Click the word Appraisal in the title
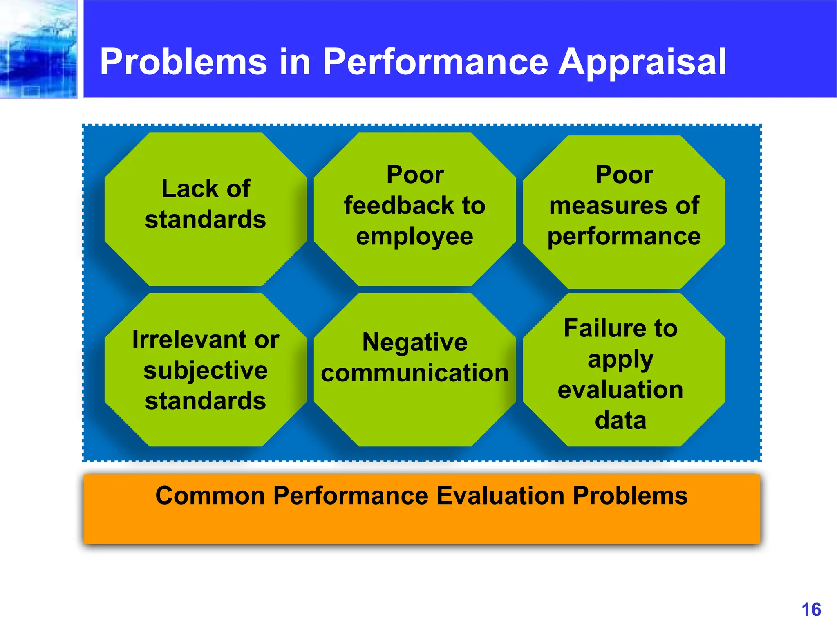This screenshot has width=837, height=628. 642,62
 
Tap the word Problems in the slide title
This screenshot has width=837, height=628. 183,62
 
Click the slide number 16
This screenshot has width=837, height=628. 811,610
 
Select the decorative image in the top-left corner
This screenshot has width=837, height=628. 38,49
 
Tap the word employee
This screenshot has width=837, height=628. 414,236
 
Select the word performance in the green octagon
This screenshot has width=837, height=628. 624,236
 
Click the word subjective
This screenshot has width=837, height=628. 206,370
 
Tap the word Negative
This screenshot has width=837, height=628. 414,342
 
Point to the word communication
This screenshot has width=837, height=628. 414,373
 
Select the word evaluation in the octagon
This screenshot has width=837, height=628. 620,390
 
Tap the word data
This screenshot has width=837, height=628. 620,420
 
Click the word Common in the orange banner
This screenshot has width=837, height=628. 210,496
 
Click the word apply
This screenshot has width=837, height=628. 620,360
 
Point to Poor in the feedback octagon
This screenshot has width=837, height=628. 414,175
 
